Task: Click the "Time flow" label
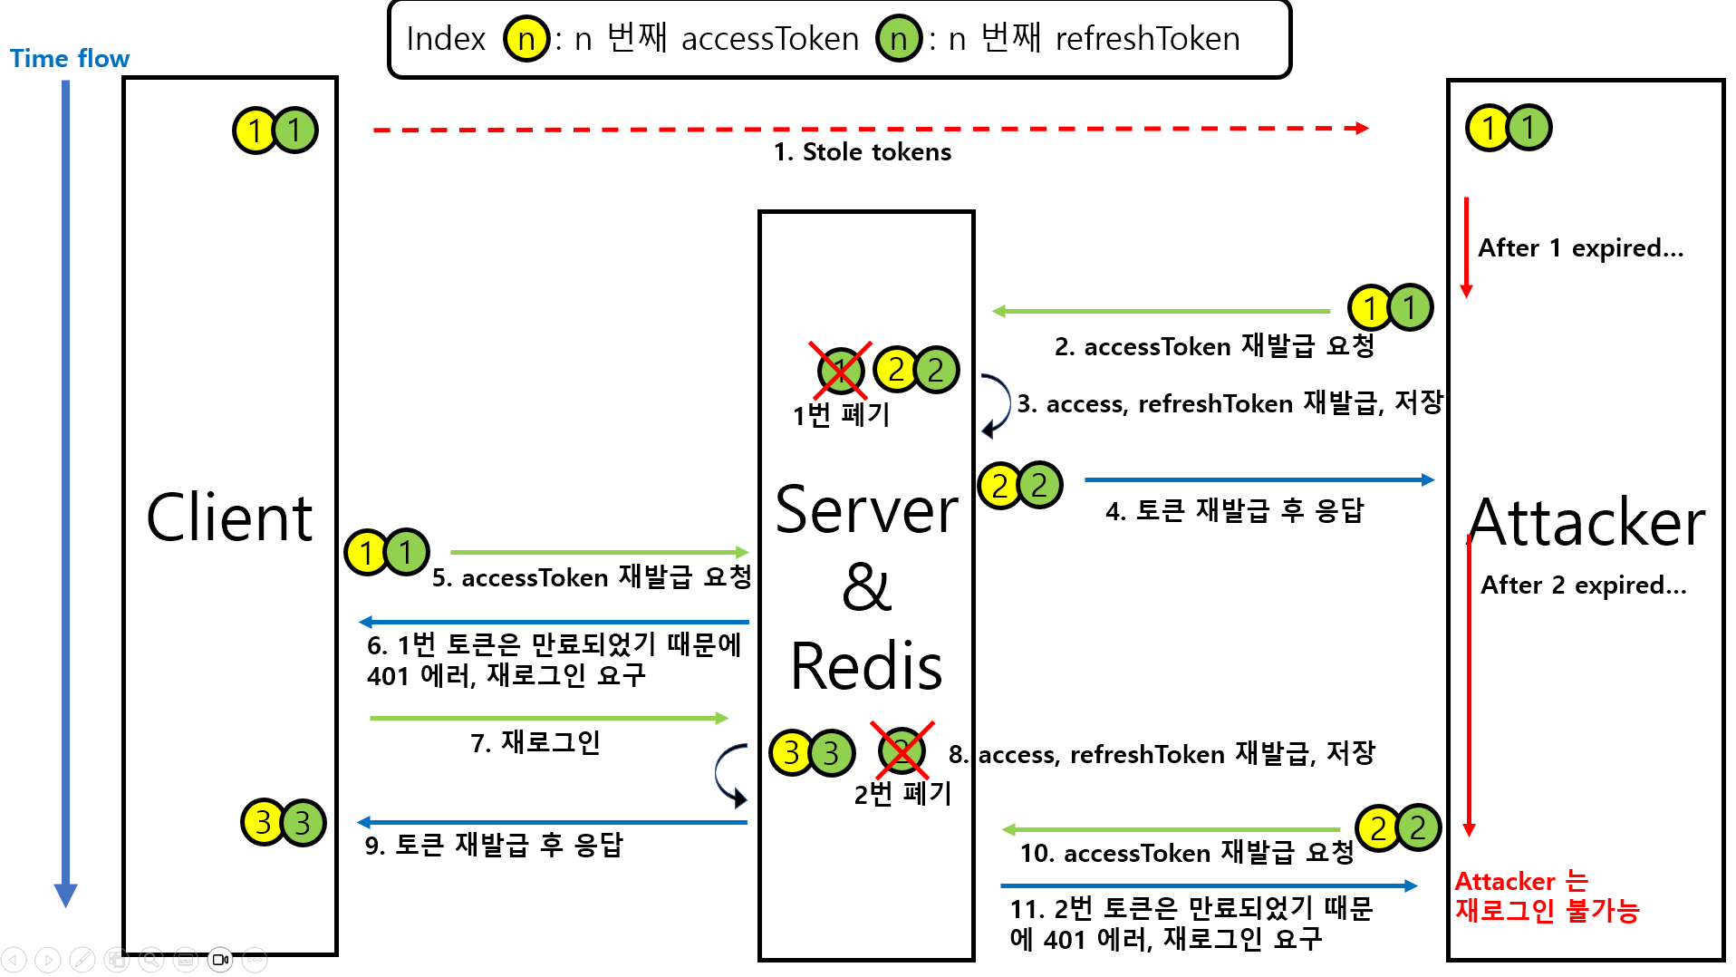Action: (70, 59)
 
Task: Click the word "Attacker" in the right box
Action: (1587, 523)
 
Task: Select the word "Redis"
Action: (866, 666)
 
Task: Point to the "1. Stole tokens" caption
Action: (862, 152)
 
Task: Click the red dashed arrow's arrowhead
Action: (1362, 129)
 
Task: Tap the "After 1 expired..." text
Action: (1580, 248)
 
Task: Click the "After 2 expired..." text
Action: (1583, 585)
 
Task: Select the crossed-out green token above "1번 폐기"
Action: (840, 370)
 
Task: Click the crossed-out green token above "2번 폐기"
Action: (902, 750)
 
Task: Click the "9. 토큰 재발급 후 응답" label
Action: (494, 846)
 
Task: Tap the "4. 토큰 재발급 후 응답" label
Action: (1234, 511)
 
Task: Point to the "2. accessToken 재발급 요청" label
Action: (1214, 346)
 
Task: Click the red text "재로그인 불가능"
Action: (1547, 911)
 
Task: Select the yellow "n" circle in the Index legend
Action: (526, 39)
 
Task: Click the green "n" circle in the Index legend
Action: (899, 39)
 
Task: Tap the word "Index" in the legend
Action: (446, 39)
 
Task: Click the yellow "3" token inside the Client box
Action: (263, 822)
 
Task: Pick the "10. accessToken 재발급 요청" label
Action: (1186, 853)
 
